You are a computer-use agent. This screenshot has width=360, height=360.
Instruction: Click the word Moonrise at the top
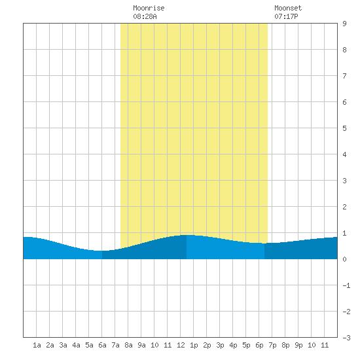click(149, 8)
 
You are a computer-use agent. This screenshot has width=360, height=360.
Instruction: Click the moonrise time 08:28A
click(145, 16)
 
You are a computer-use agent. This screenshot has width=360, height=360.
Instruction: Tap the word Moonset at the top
click(288, 8)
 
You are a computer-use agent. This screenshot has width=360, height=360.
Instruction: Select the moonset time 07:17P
click(286, 16)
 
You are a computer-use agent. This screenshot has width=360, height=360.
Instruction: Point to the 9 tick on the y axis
click(344, 24)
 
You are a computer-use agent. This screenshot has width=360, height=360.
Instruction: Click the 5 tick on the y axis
click(344, 128)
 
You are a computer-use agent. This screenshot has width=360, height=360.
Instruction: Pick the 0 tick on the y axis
click(344, 259)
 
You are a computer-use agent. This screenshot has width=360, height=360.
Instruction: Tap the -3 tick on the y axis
click(346, 338)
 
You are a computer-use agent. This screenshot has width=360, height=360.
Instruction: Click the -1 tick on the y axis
click(346, 285)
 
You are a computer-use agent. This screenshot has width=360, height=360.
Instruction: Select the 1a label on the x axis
click(37, 345)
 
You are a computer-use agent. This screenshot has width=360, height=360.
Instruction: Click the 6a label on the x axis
click(102, 345)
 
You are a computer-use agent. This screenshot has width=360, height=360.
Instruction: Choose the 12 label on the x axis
click(181, 345)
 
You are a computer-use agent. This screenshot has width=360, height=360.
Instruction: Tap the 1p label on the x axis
click(194, 345)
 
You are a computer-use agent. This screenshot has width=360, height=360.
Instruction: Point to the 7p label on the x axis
click(272, 345)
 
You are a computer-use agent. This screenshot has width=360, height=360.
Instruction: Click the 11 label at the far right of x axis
click(325, 345)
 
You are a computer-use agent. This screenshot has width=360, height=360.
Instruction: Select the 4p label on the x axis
click(233, 345)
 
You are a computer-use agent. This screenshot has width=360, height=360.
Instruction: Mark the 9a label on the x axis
click(141, 345)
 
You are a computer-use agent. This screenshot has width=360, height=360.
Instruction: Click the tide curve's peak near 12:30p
click(187, 235)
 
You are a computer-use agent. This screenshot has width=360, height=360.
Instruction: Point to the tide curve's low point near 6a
click(99, 251)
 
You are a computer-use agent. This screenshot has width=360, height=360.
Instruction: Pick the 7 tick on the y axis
click(344, 76)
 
